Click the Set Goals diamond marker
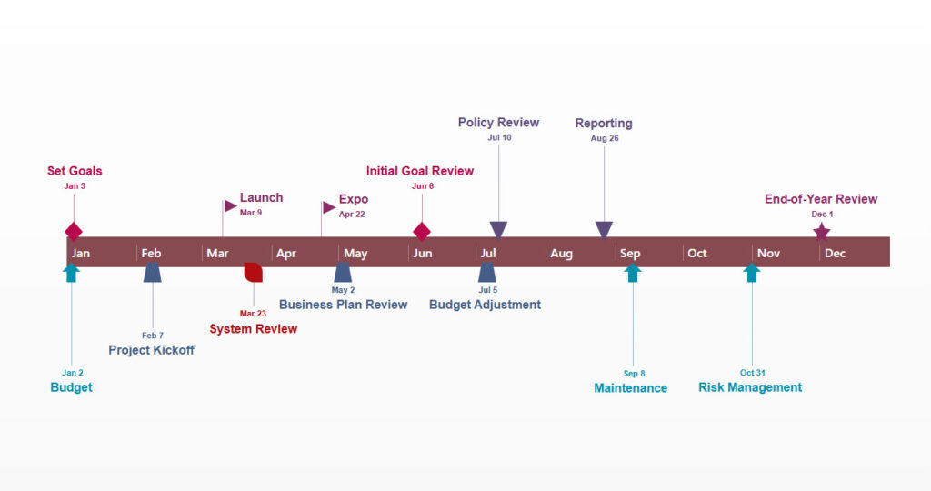point(74,231)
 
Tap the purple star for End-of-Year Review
point(822,232)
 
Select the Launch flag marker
point(230,205)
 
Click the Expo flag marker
point(328,207)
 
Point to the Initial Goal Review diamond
point(422,231)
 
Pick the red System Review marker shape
point(254,272)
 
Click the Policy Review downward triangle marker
point(498,229)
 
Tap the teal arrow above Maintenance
point(634,273)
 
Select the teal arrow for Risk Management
point(752,273)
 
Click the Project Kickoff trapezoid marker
point(153,273)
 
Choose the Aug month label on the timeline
point(562,254)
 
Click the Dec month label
point(835,254)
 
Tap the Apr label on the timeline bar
point(286,254)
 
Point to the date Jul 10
point(499,138)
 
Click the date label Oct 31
point(754,373)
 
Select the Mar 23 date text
point(253,314)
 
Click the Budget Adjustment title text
point(485,305)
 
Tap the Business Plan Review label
point(343,305)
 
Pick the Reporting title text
point(604,124)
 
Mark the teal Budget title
point(71,387)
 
